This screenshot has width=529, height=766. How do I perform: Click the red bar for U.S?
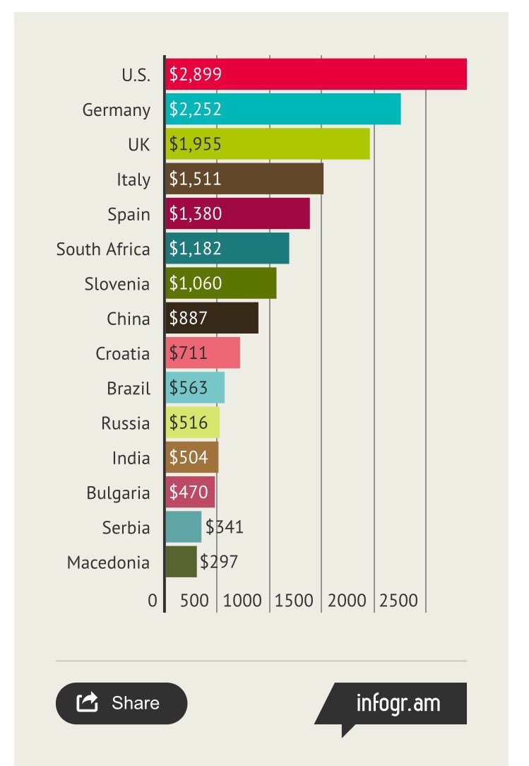316,74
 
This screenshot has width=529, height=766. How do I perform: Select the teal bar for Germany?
283,109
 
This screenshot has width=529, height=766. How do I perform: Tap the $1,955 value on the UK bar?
196,144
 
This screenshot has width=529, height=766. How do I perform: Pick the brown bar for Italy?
244,179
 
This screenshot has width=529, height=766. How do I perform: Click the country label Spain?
129,214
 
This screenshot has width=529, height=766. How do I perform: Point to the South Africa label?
103,249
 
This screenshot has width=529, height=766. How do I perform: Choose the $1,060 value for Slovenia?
196,283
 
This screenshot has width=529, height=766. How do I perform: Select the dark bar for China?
212,318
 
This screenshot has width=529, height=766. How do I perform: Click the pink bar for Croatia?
203,353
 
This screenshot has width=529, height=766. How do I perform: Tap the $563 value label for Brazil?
189,388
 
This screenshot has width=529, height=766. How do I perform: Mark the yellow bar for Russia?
192,423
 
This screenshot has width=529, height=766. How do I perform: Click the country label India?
131,458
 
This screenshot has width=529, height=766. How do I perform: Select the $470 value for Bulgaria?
189,492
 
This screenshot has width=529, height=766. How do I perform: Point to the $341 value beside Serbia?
225,526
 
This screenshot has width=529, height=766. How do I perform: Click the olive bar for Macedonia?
181,562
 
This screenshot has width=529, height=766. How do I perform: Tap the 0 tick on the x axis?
153,601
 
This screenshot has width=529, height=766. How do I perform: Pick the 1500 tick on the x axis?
294,601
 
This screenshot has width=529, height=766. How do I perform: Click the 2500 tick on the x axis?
399,601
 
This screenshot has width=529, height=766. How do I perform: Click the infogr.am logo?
398,704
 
